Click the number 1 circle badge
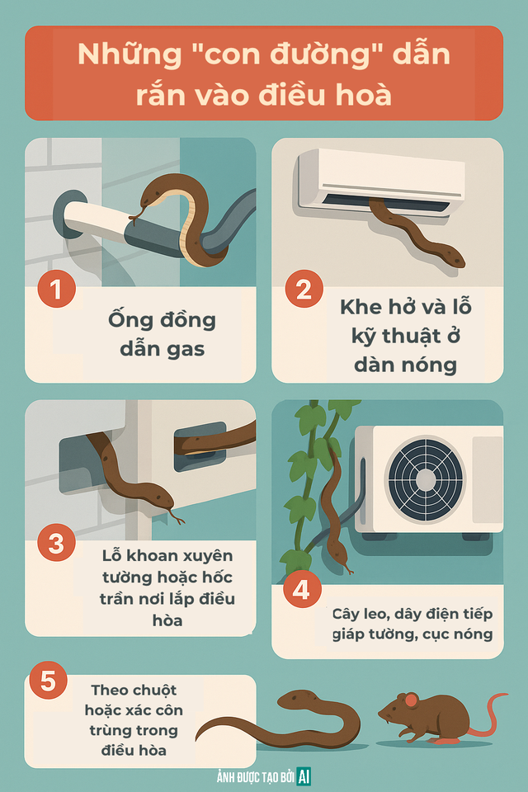[56, 290]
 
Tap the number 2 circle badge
[303, 290]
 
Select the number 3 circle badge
[56, 544]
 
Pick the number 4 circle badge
[303, 590]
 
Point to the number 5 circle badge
[48, 681]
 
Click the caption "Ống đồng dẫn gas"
[162, 333]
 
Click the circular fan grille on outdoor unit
[424, 478]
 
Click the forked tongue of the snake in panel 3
[177, 517]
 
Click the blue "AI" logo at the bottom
[304, 775]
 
